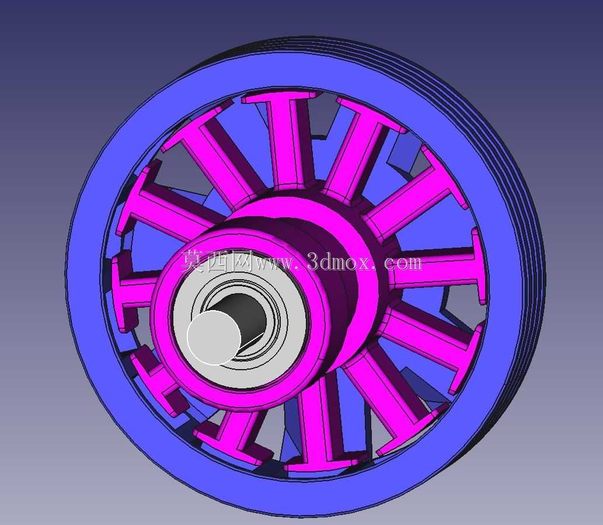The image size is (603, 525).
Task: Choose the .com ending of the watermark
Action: click(400, 263)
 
